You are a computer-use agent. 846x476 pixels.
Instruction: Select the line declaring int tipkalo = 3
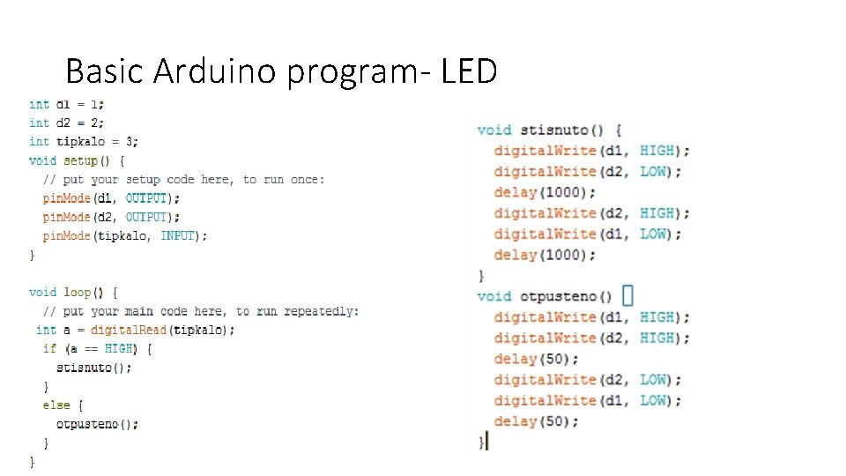84,141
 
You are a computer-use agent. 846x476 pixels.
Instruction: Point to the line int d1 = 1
66,104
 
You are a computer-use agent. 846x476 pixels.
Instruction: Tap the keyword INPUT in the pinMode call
179,235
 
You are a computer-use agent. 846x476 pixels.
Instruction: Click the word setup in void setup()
80,160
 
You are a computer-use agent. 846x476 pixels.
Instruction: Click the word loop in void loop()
77,292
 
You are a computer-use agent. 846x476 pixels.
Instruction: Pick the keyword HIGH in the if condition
118,348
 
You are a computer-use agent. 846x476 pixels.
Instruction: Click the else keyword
56,405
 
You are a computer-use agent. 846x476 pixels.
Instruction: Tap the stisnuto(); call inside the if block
94,368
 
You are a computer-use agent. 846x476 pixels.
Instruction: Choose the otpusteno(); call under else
98,424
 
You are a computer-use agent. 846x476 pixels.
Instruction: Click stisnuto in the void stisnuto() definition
553,130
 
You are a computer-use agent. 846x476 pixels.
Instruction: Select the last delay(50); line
536,421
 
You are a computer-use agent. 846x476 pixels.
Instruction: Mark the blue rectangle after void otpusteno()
627,295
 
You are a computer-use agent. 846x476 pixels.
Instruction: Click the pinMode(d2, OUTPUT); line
111,217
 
